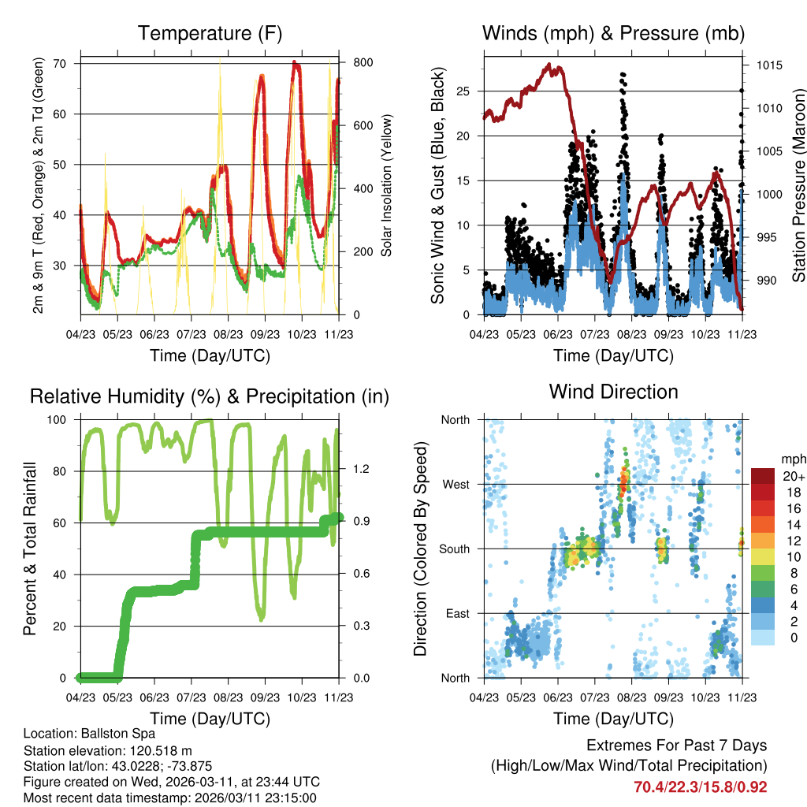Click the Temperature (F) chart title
210,33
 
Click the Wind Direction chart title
613,392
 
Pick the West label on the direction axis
456,484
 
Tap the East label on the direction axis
457,613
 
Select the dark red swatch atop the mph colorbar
763,476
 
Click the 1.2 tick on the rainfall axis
361,470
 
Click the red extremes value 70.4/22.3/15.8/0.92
700,787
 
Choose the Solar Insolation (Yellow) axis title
387,185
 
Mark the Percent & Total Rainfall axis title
29,549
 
